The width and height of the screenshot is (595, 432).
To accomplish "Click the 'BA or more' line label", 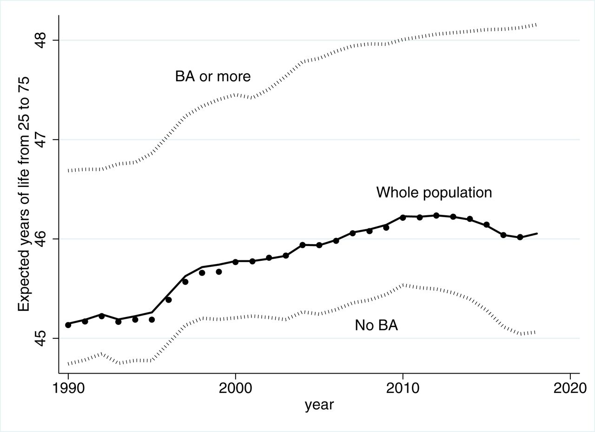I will [x=213, y=77].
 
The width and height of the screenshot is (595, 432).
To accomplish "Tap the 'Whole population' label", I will [x=434, y=193].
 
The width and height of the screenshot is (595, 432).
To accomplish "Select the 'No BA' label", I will [x=377, y=325].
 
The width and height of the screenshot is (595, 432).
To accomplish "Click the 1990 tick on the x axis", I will [x=68, y=388].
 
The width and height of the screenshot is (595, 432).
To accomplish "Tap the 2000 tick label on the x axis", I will [x=236, y=388].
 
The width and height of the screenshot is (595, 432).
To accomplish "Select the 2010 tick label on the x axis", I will [x=403, y=388].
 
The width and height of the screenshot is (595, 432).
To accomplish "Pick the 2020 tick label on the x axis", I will [x=570, y=388].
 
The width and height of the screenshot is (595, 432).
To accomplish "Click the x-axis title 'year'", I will [x=319, y=405].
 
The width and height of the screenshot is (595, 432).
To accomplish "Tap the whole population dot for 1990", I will [x=68, y=325].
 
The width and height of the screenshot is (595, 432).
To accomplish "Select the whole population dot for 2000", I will [x=236, y=262].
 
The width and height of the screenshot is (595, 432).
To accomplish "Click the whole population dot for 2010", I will [x=403, y=217].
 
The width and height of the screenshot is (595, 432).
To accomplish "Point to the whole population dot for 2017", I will [x=520, y=237].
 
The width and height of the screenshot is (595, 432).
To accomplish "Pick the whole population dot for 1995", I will [x=152, y=320].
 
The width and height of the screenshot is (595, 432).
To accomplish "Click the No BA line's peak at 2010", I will [x=403, y=285].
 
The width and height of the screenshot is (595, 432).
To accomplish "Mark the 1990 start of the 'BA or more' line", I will [x=69, y=171].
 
